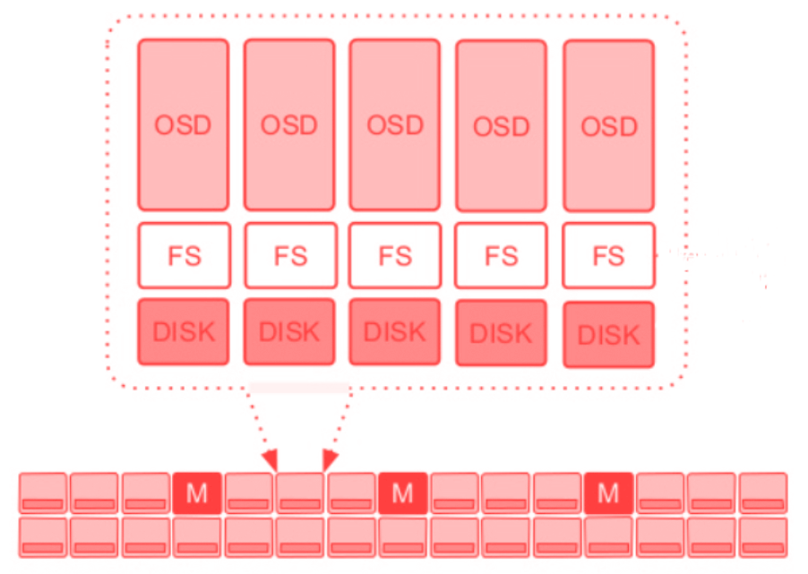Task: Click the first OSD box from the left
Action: tap(183, 124)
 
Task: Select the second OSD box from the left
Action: tap(288, 124)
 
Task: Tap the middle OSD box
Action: tap(394, 124)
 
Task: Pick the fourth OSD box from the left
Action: tap(501, 126)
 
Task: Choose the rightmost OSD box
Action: tap(608, 126)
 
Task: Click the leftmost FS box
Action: tap(184, 255)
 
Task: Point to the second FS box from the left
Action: tap(289, 255)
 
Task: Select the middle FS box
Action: tap(394, 255)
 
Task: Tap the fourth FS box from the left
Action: tap(501, 256)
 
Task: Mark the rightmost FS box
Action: tap(608, 256)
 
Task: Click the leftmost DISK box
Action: tap(184, 331)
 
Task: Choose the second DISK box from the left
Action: tap(289, 331)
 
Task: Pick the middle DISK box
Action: tap(394, 331)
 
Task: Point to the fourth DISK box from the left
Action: tap(501, 333)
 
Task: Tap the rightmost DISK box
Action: tap(608, 335)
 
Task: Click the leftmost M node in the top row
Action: tap(196, 493)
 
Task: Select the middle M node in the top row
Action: tap(402, 493)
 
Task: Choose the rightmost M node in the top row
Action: tap(608, 493)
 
